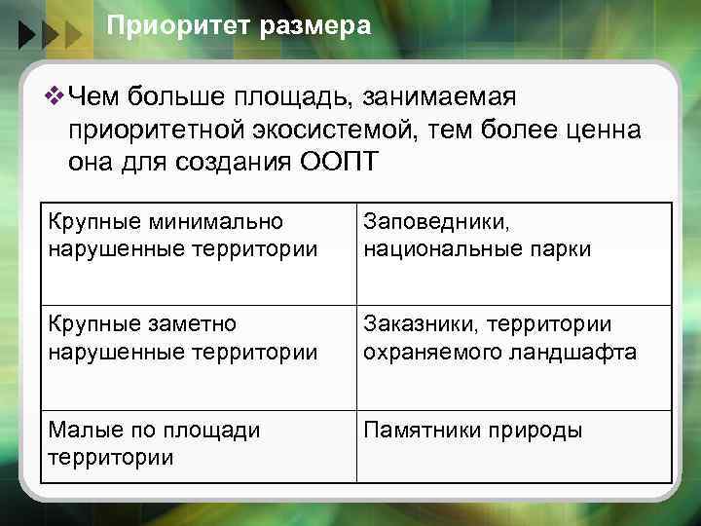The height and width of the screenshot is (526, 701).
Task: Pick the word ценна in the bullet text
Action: click(595, 130)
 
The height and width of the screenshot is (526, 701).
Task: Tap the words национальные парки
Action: click(476, 248)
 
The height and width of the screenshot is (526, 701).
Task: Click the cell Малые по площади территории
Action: click(154, 444)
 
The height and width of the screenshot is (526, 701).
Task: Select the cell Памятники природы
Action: click(472, 431)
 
